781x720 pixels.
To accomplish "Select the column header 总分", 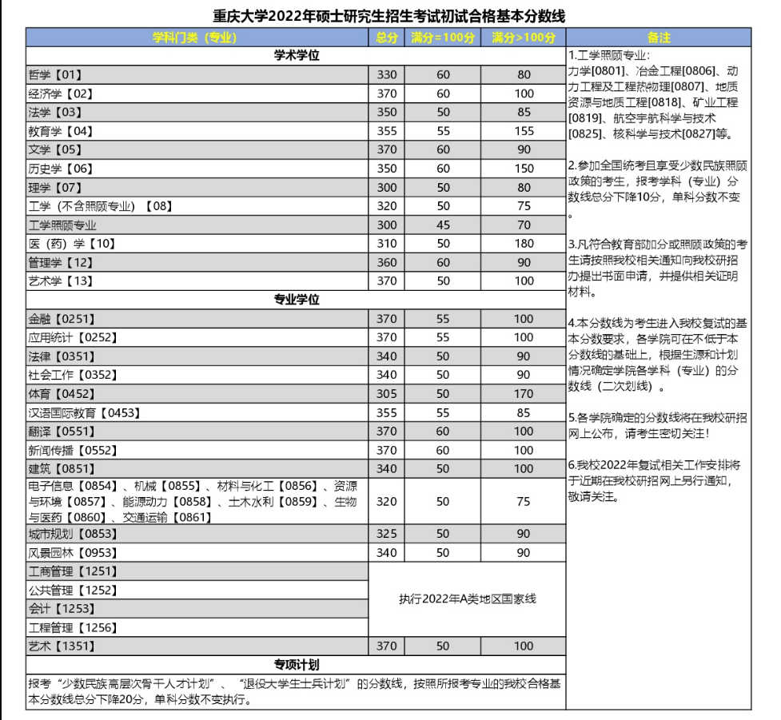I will coord(386,37).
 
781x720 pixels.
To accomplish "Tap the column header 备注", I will coord(659,37).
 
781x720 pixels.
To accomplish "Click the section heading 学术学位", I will coord(296,55).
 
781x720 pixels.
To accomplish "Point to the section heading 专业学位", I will coord(296,300).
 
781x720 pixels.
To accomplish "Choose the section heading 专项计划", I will coord(296,665).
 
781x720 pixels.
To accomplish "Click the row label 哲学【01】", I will coord(56,74).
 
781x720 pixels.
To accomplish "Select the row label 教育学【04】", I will coord(61,130).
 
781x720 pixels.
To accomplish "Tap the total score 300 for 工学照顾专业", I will coord(386,225).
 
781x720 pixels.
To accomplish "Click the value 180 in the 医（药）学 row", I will coord(524,243).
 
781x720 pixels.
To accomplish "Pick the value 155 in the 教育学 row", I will coord(524,130).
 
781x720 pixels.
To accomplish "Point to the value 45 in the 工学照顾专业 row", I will coord(443,225).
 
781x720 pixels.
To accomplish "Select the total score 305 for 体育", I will coord(386,393).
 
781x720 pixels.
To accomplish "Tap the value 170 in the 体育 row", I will coord(524,393).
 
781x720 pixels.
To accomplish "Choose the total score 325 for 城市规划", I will coord(386,534).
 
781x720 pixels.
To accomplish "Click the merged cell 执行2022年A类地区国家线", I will coord(467,599).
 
